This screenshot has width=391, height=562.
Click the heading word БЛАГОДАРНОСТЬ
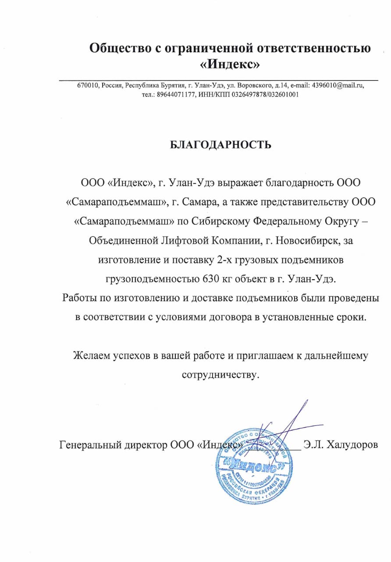[220, 145]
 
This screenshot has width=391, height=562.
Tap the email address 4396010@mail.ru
[338, 86]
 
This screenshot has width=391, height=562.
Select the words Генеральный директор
[113, 445]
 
